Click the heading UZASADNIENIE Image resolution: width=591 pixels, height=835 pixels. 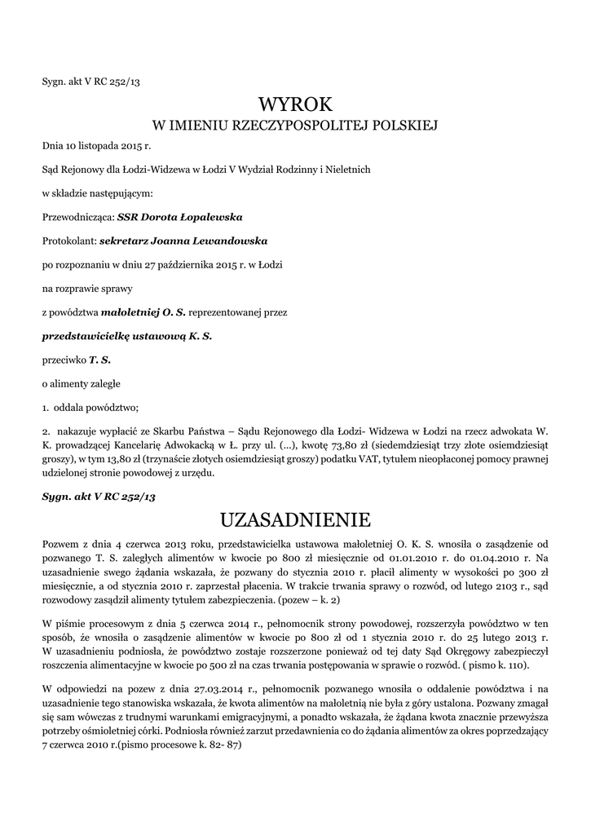pos(296,519)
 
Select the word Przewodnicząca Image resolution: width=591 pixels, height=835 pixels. pos(77,218)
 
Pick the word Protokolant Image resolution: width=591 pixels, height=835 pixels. pos(68,241)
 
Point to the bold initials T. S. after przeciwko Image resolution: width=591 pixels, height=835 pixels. pos(100,359)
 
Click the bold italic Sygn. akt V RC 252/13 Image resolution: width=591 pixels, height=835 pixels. pos(98,496)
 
